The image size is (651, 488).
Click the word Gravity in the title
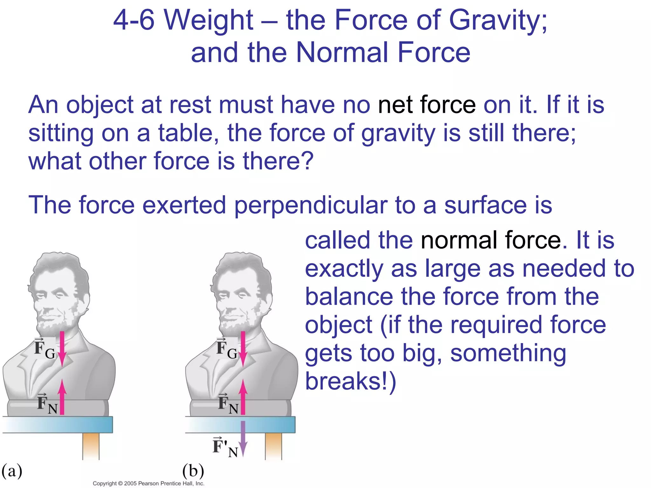498,21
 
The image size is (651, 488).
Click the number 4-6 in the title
134,21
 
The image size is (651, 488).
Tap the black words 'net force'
427,105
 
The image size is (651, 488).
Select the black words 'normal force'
491,240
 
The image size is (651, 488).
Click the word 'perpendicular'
311,205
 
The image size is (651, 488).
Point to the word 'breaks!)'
351,381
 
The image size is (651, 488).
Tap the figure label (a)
12,471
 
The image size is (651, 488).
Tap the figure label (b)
193,471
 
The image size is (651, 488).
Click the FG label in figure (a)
45,349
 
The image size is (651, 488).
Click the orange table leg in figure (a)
91,446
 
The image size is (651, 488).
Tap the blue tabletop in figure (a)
58,425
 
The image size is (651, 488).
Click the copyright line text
148,483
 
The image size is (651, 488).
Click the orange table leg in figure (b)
273,446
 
